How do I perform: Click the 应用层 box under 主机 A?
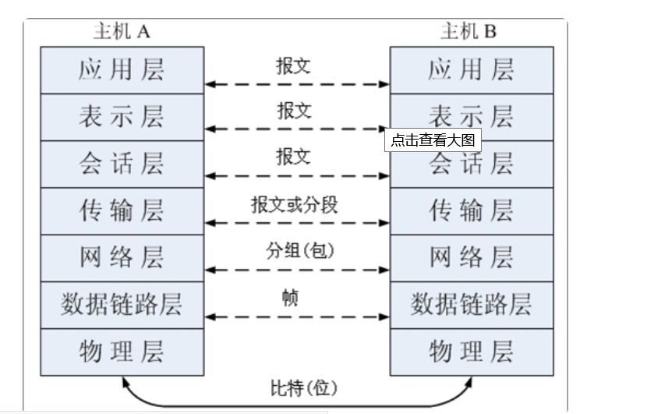(x=122, y=70)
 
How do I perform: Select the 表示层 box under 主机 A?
(x=122, y=117)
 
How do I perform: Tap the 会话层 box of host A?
(x=122, y=164)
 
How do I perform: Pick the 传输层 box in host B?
(x=472, y=211)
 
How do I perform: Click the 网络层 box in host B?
(x=472, y=257)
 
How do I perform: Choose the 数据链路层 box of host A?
(x=122, y=304)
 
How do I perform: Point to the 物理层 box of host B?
(x=472, y=351)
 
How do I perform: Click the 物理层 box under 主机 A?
(x=122, y=351)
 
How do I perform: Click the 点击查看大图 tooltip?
(x=432, y=140)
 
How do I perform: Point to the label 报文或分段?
(x=294, y=205)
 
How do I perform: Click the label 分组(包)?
(x=294, y=252)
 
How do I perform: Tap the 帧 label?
(x=290, y=298)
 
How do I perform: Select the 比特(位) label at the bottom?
(x=297, y=387)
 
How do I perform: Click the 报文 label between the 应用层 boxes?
(x=293, y=65)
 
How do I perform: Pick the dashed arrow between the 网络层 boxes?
(x=297, y=270)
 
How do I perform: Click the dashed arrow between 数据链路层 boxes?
(x=297, y=317)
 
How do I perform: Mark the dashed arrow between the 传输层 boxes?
(x=297, y=223)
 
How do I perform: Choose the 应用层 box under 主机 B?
(x=472, y=70)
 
